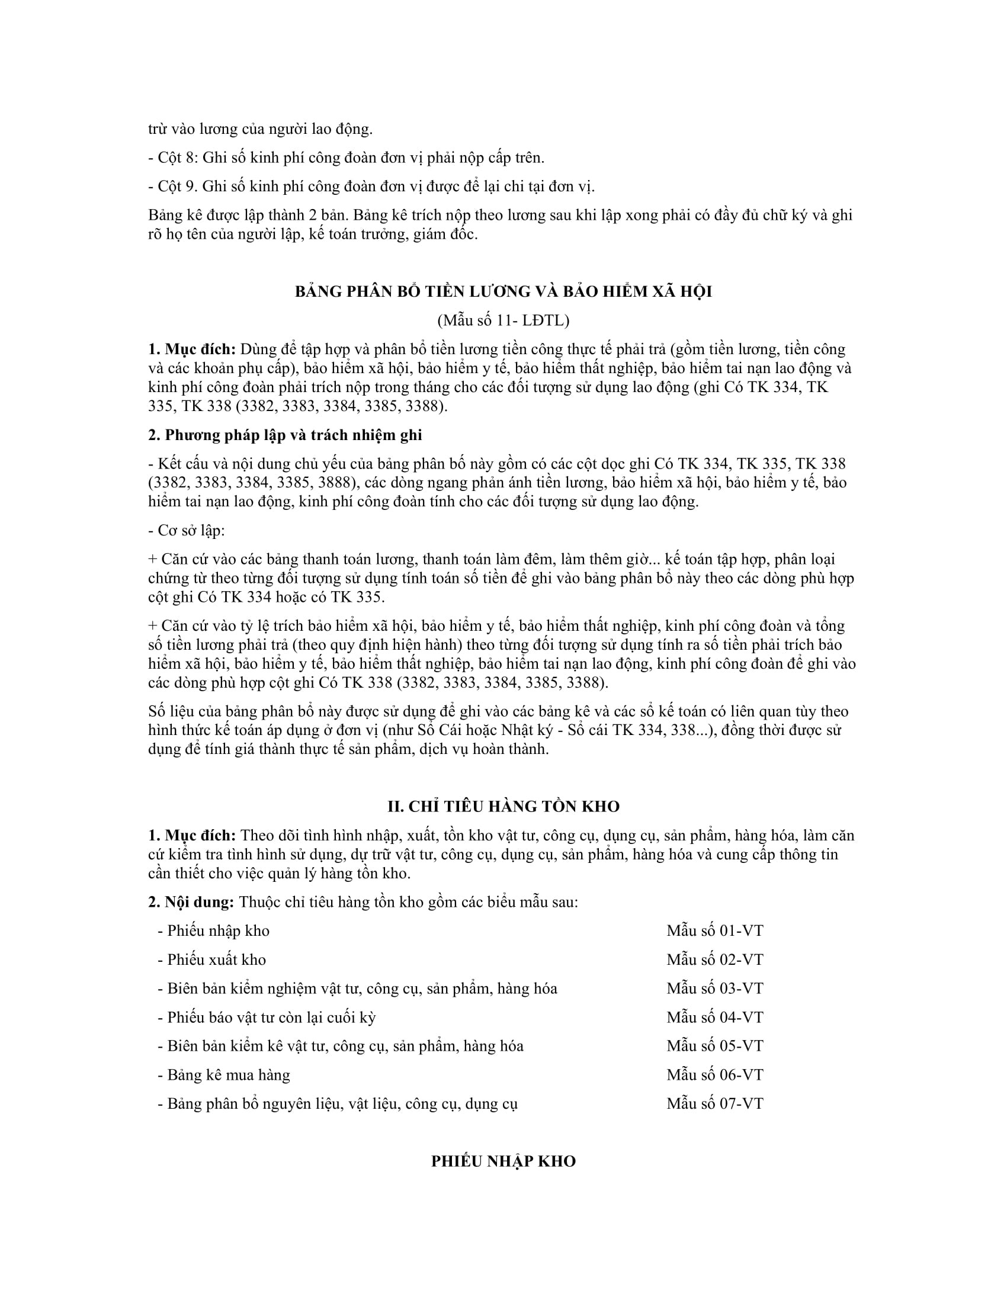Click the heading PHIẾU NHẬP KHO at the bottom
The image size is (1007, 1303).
[x=504, y=1161]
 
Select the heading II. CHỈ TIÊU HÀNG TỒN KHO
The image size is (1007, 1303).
[x=504, y=806]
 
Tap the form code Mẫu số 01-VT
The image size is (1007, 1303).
[x=715, y=930]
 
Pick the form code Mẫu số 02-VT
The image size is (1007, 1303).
[x=715, y=959]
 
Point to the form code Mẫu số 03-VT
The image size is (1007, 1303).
[x=715, y=988]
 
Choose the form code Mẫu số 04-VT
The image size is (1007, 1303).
[x=715, y=1017]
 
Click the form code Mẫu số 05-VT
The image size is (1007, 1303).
[x=715, y=1046]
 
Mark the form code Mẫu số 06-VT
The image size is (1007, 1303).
[x=715, y=1074]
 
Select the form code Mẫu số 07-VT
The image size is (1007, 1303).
[x=715, y=1103]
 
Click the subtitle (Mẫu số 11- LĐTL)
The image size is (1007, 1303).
[x=504, y=320]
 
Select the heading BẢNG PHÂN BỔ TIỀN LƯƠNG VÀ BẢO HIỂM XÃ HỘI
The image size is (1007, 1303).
[x=504, y=292]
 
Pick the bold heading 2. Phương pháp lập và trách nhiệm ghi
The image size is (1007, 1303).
[x=285, y=435]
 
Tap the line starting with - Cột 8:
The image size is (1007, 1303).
[x=346, y=158]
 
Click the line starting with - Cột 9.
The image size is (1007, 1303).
[x=371, y=186]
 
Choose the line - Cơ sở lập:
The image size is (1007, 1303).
[x=187, y=531]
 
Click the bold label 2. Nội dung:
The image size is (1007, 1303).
[x=191, y=901]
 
